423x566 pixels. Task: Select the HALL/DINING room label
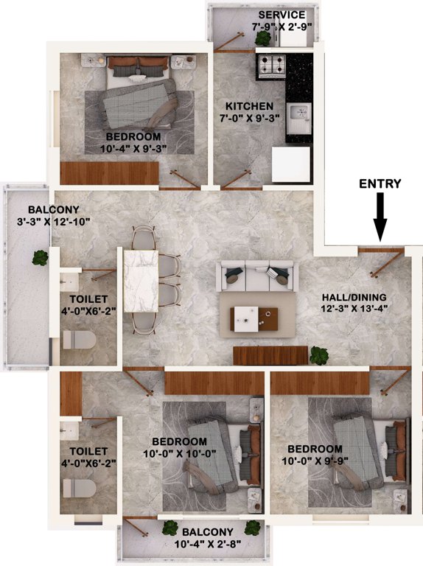point(354,297)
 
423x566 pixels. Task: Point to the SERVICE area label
point(282,15)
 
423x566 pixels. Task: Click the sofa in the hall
point(254,275)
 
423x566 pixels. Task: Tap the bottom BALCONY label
point(209,532)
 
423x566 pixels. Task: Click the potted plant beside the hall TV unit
point(318,354)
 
